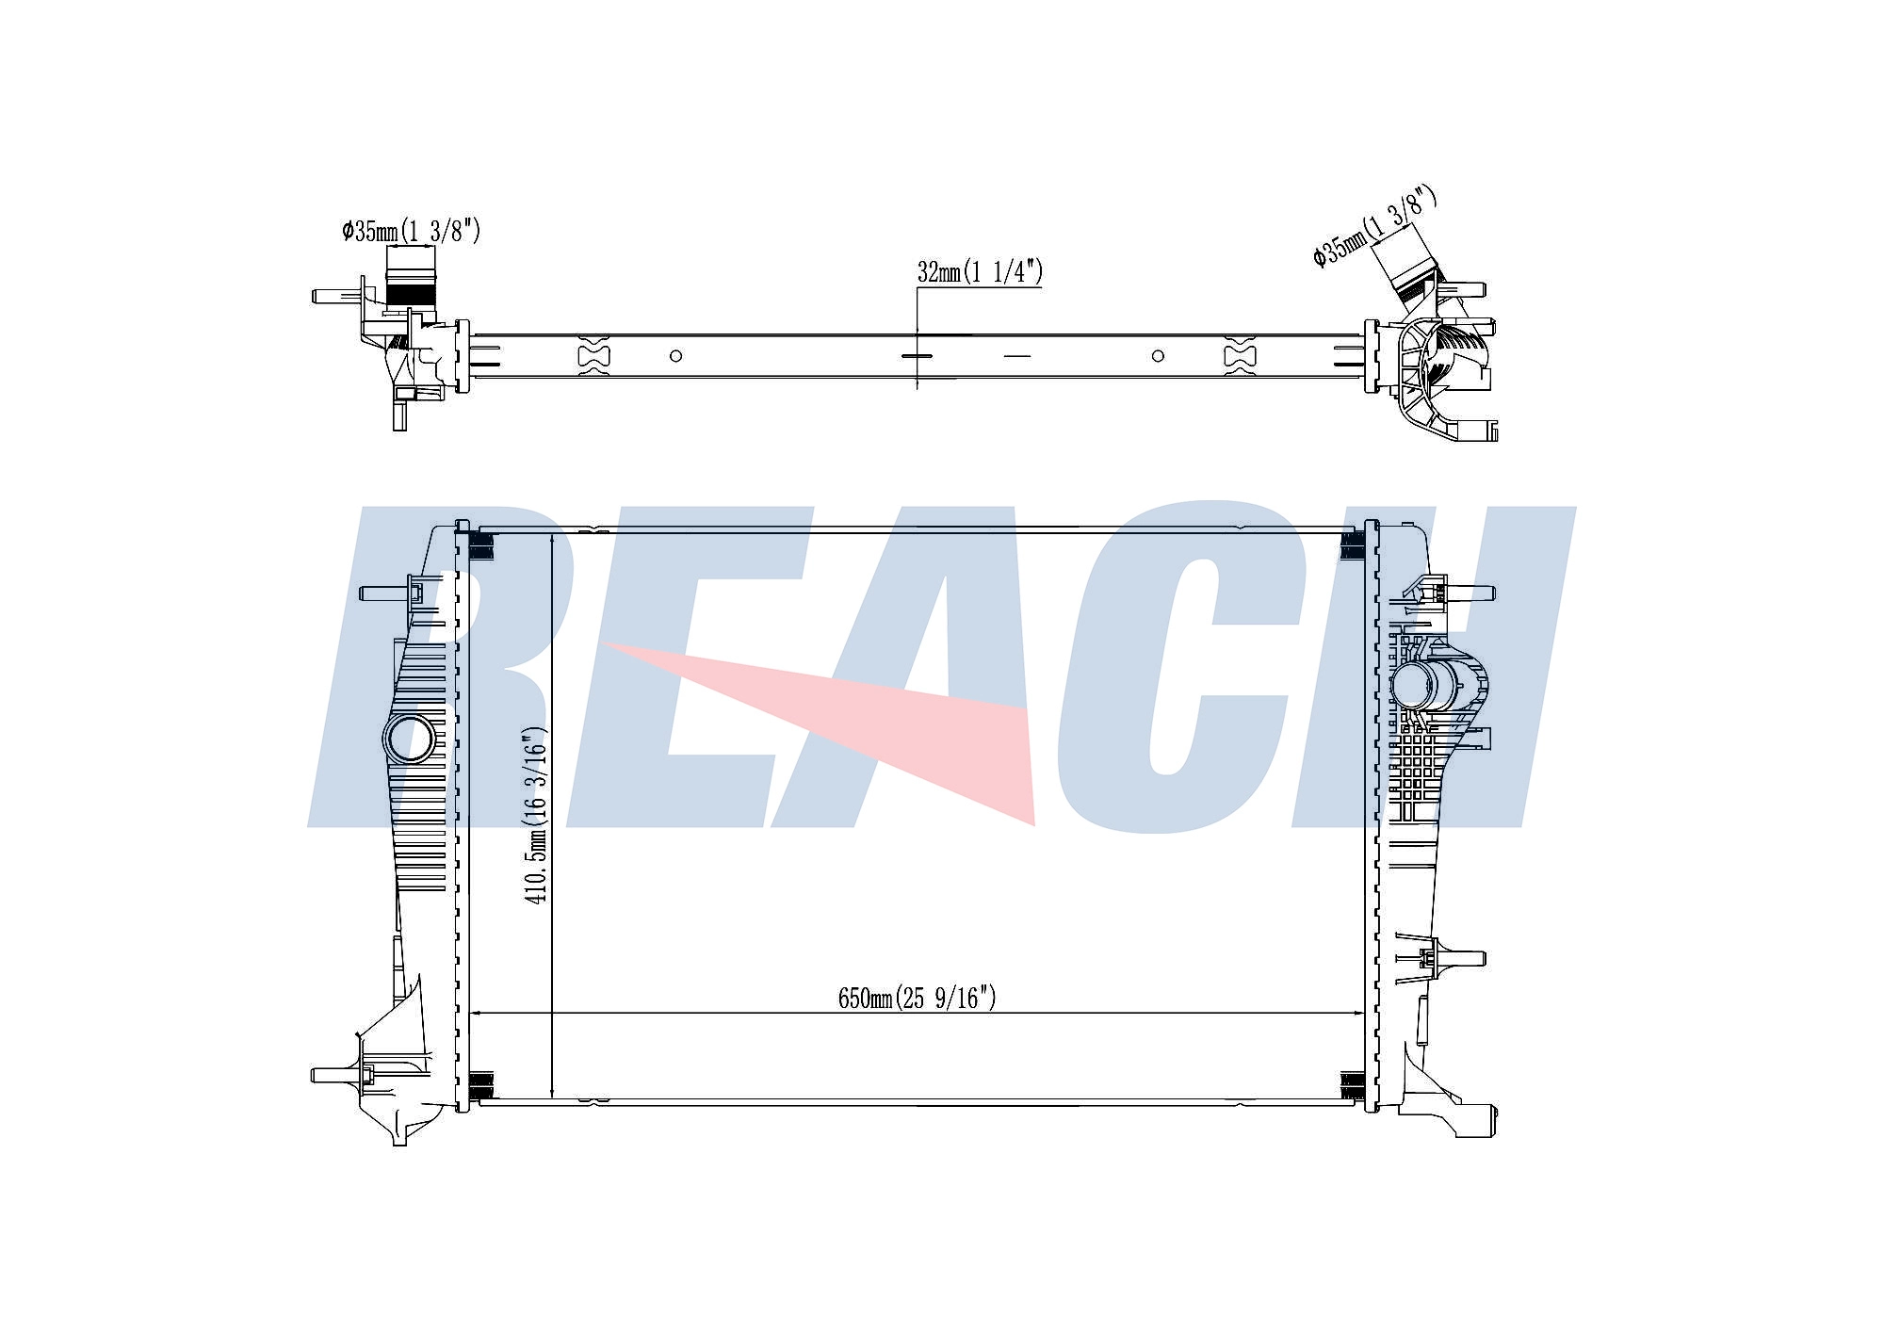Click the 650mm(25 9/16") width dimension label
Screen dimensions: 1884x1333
click(x=917, y=998)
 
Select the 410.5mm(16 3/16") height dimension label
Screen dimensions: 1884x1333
click(x=536, y=815)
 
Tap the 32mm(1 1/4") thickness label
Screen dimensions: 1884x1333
click(x=980, y=272)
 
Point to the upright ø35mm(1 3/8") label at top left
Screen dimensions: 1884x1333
click(x=412, y=230)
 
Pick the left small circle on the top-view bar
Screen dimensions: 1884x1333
click(x=675, y=356)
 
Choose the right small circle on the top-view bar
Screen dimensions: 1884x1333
click(x=1158, y=356)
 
